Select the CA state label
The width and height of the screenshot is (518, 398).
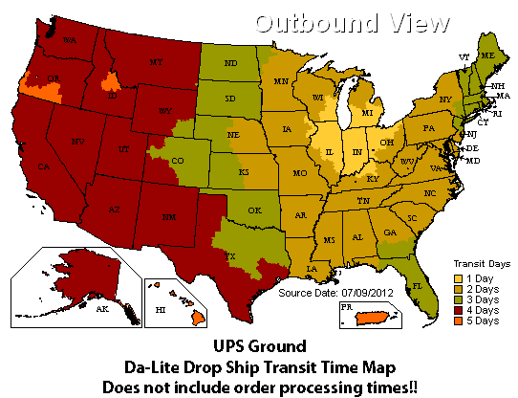43,166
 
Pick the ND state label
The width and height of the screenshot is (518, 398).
228,64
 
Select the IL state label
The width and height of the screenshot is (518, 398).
331,150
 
